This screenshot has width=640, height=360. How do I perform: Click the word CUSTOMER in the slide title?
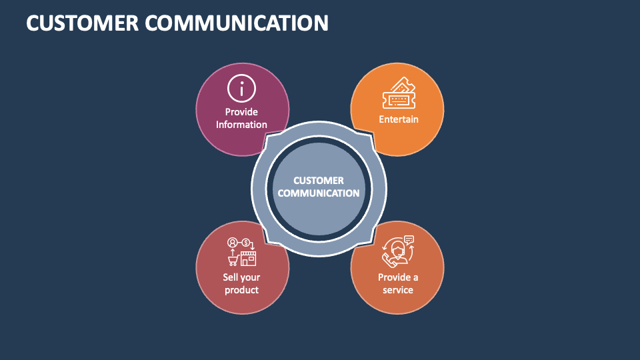80,23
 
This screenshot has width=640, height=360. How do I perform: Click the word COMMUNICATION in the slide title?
237,23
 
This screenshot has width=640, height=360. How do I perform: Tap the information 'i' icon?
241,87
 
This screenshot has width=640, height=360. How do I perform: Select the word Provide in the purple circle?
241,112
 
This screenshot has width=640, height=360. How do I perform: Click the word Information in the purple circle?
241,125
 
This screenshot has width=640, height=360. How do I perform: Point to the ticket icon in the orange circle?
398,93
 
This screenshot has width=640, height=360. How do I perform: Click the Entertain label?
399,119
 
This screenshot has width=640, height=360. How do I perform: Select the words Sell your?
241,277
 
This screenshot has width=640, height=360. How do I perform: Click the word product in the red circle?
241,290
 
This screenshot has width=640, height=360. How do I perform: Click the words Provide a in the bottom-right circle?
398,277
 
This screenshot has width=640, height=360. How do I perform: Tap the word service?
398,290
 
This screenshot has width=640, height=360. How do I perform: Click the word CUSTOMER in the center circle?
319,181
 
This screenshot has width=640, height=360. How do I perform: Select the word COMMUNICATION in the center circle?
319,193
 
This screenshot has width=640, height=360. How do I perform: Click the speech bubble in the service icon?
409,239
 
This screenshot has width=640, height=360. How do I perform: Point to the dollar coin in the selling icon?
246,242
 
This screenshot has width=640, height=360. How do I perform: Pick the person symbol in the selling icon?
232,242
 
